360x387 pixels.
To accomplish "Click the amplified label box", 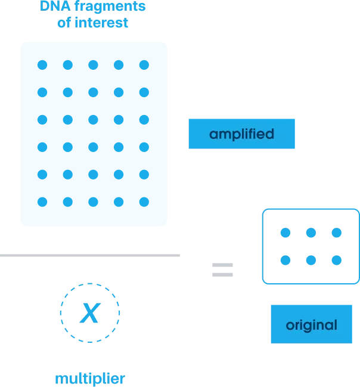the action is point(241,134).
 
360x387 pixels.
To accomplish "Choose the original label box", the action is point(311,325).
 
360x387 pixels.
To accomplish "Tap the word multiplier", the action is point(91,378).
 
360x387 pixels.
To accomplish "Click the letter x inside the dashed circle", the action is point(90,312).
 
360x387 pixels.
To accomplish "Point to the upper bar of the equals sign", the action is point(222,264).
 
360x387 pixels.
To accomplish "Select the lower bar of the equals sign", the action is point(222,275).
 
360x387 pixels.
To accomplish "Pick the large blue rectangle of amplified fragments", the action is point(94,134).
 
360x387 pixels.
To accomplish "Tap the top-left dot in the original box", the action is point(285,232).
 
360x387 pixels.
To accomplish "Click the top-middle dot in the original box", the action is point(311,232).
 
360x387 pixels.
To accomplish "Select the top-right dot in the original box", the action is point(337,232).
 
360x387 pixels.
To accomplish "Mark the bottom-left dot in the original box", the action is point(285,260).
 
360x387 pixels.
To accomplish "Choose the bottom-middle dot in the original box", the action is point(311,260).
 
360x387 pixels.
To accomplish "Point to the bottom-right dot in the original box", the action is point(337,260).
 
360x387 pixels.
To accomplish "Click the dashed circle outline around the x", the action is point(60,312).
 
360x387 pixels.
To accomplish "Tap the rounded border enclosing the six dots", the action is point(260,246).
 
